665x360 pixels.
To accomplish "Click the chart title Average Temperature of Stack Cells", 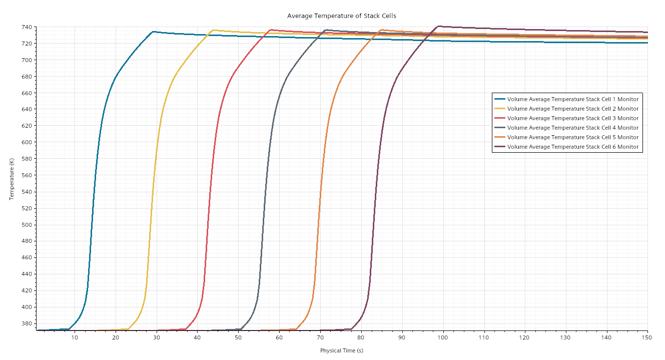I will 341,16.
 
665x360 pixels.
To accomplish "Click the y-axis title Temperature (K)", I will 12,179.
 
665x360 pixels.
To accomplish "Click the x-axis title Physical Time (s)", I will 341,350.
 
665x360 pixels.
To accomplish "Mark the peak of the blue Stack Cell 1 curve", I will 153,32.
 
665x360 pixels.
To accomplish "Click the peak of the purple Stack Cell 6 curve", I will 439,26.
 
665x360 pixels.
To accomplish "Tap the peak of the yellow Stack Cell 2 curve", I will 214,30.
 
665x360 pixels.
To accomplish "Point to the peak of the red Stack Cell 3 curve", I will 271,30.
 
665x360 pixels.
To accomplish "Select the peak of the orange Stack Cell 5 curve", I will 382,30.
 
